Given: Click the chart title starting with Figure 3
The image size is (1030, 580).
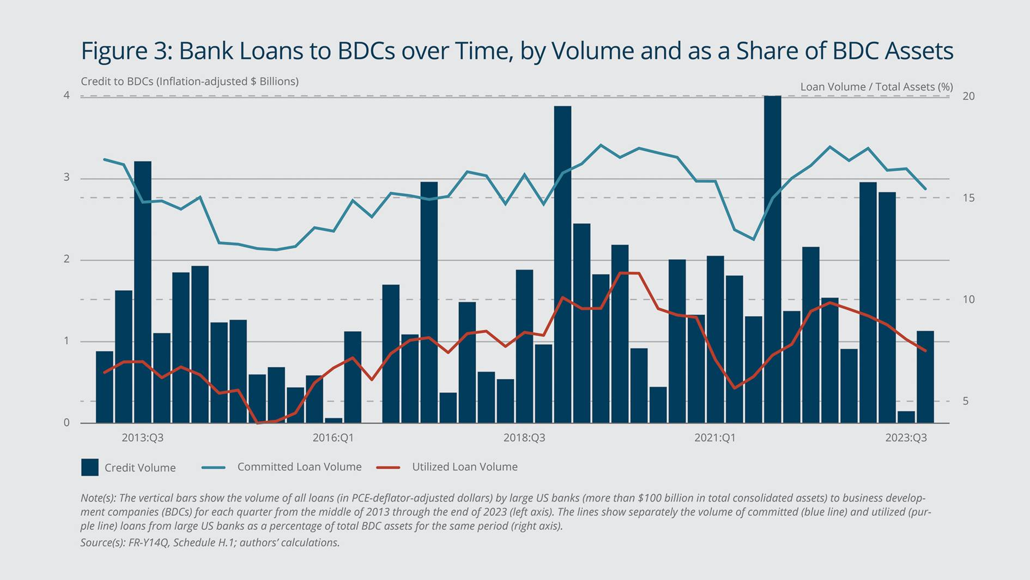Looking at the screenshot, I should [517, 51].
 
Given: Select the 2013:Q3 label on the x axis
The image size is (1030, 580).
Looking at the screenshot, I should [142, 438].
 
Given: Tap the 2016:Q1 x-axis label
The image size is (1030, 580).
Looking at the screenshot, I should [333, 438].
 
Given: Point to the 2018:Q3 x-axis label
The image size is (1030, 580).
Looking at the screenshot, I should [524, 438].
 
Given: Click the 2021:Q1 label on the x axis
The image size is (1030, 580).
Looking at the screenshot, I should [714, 438].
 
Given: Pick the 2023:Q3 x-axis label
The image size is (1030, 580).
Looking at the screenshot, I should [906, 438].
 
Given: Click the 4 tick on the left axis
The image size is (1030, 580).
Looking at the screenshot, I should [66, 95].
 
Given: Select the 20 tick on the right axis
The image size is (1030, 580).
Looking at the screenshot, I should [968, 96].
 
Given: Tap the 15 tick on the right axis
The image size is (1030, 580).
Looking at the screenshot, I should [968, 198].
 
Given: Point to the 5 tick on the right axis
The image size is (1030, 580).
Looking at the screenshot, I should [966, 401].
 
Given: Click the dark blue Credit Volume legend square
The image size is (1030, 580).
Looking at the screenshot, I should [90, 467].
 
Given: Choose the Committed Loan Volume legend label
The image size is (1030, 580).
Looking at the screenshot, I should [299, 467].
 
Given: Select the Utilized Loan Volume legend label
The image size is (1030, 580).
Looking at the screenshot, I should [464, 467].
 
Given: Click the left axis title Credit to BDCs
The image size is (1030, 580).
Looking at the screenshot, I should [189, 81].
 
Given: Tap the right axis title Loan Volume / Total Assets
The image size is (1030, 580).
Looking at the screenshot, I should [876, 87].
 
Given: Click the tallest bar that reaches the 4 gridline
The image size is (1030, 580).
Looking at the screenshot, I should [772, 259].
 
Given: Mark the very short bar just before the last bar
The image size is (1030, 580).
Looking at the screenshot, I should [906, 417].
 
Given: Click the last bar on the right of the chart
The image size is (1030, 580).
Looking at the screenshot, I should [925, 376].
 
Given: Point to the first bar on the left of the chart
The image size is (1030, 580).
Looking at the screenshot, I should [104, 387].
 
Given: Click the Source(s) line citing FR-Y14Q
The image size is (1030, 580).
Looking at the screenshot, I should [210, 542].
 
